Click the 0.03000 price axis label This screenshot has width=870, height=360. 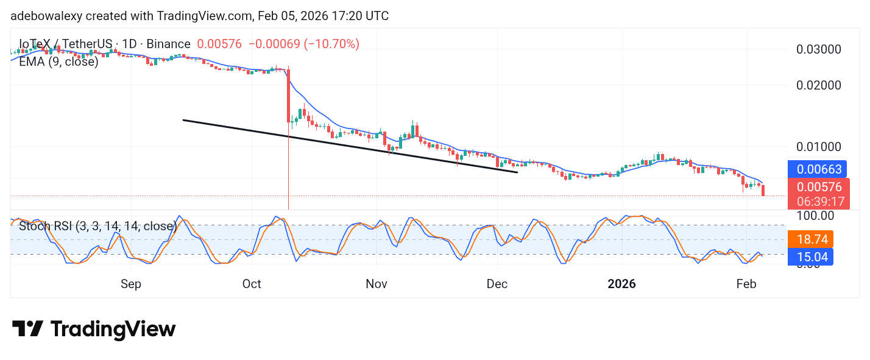(x=819, y=49)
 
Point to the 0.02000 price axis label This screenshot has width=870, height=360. (x=819, y=85)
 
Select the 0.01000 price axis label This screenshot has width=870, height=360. (x=819, y=147)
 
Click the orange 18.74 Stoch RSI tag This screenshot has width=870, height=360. (x=810, y=239)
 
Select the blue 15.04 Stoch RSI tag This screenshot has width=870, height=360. (x=810, y=257)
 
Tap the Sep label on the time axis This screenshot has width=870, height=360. (x=131, y=284)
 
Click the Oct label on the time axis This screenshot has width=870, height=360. (x=252, y=284)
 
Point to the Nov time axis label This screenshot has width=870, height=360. (x=377, y=284)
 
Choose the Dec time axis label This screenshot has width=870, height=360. (x=497, y=284)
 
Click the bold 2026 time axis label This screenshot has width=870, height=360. (x=622, y=284)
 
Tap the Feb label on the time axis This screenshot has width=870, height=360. (x=746, y=284)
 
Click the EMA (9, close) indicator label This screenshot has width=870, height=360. (x=58, y=62)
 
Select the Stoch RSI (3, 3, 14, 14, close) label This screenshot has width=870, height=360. (x=97, y=227)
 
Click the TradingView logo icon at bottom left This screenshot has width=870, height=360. (x=27, y=330)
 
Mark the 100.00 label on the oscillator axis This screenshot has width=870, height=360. (x=815, y=216)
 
